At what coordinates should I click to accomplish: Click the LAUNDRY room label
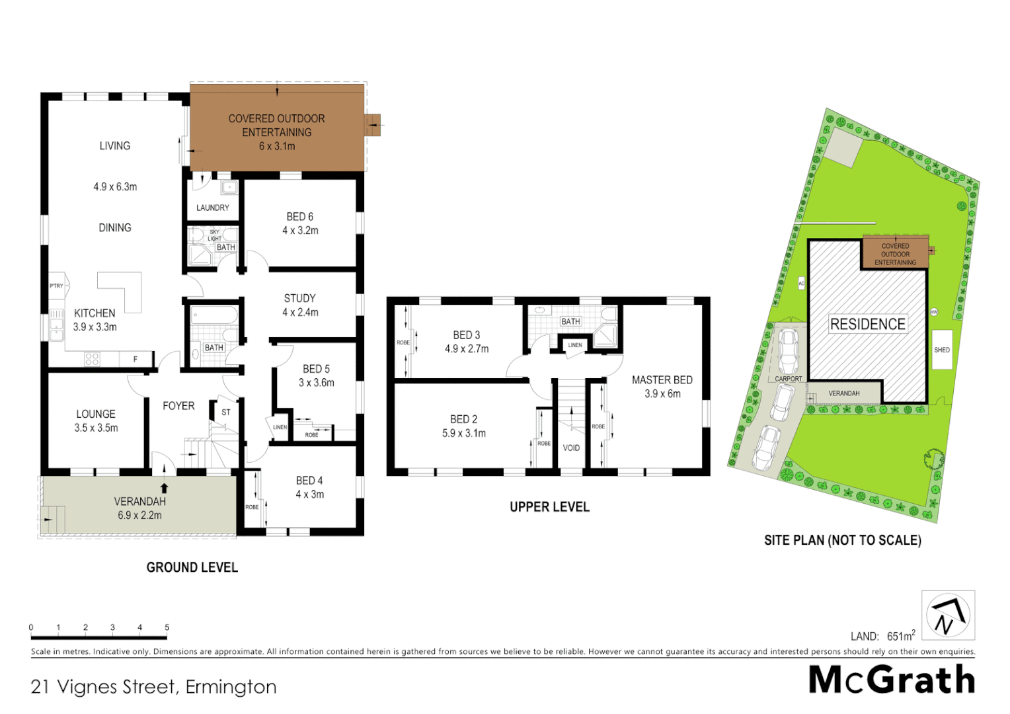click(x=212, y=208)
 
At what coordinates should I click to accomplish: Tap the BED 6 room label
click(x=299, y=217)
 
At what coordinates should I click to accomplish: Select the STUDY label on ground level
click(x=299, y=298)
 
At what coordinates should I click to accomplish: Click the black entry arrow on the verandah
click(x=164, y=488)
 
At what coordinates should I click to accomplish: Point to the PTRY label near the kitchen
click(x=57, y=286)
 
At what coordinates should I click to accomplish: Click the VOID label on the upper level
click(x=571, y=448)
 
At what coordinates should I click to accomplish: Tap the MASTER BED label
click(x=662, y=380)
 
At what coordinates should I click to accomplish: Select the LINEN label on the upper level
click(x=574, y=345)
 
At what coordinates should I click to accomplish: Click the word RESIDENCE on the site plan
click(x=867, y=324)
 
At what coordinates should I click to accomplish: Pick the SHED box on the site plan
click(x=942, y=350)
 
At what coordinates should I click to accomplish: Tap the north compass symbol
click(x=947, y=615)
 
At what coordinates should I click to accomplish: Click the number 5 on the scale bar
click(x=167, y=627)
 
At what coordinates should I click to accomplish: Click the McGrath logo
click(x=892, y=680)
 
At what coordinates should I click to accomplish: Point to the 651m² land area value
click(x=901, y=636)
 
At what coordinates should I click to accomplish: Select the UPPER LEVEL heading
click(x=549, y=507)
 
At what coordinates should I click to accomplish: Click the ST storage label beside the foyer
click(x=226, y=412)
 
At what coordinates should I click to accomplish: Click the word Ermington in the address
click(x=231, y=687)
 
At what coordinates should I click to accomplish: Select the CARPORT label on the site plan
click(x=788, y=379)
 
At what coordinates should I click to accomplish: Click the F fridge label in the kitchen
click(x=136, y=360)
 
